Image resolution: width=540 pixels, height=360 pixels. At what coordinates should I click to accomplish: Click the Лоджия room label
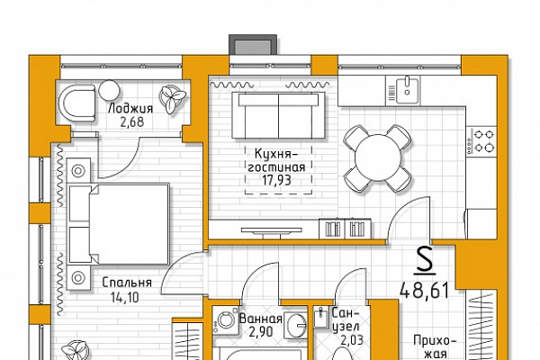(x=130, y=109)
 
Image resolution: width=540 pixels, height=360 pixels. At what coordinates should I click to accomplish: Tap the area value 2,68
(x=132, y=122)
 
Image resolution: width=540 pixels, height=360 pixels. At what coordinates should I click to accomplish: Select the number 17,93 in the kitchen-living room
(x=276, y=180)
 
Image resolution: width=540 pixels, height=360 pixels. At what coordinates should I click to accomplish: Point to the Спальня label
(x=127, y=283)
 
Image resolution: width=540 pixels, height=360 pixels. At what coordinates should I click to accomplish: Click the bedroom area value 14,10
(x=125, y=297)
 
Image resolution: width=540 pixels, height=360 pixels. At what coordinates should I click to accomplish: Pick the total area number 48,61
(x=425, y=290)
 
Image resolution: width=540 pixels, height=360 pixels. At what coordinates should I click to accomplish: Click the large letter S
(x=425, y=261)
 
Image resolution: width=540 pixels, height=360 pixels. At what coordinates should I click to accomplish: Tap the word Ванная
(x=261, y=319)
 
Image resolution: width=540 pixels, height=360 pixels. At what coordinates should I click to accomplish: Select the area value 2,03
(x=352, y=340)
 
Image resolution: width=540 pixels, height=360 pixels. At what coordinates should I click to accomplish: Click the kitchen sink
(x=408, y=90)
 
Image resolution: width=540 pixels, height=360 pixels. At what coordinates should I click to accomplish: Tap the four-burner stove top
(x=481, y=141)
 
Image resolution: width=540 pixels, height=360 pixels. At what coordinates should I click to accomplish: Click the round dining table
(x=378, y=158)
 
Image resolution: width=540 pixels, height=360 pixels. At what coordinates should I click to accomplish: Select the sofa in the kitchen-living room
(x=278, y=115)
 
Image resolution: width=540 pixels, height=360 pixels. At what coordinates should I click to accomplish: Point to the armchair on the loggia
(x=76, y=103)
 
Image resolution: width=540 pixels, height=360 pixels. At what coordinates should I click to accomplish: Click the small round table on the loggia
(x=109, y=91)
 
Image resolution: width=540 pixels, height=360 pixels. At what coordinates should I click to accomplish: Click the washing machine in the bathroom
(x=226, y=320)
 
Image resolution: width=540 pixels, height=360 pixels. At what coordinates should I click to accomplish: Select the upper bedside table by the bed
(x=78, y=170)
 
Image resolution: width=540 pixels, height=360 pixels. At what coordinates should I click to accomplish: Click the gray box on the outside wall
(x=253, y=44)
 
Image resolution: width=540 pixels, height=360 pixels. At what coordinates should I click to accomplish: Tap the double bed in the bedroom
(x=119, y=224)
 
